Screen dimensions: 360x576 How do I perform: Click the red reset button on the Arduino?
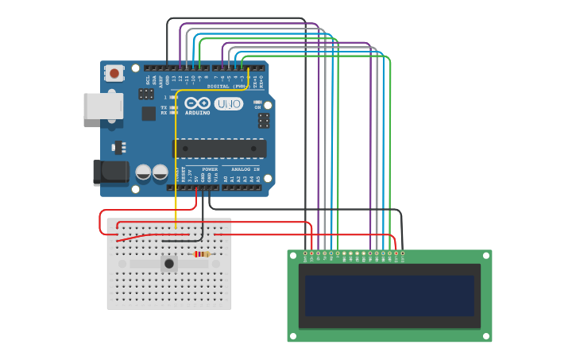click(115, 74)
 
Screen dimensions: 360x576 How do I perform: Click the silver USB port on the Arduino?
click(102, 106)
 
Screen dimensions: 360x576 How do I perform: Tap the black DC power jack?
click(110, 173)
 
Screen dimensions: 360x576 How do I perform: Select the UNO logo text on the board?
click(229, 103)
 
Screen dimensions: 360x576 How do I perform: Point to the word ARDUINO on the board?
click(198, 113)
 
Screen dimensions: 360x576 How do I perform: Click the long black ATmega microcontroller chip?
click(220, 148)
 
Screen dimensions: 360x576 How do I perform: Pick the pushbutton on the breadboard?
click(168, 263)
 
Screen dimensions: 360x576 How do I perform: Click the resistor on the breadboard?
click(203, 254)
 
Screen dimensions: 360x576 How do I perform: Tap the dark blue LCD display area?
click(389, 296)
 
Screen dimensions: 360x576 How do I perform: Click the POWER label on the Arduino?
click(210, 169)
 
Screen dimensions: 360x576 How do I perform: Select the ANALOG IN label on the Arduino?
click(245, 169)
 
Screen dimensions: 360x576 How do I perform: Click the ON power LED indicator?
click(257, 102)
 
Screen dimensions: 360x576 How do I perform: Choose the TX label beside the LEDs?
click(164, 107)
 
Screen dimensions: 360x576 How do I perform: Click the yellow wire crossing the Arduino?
click(176, 159)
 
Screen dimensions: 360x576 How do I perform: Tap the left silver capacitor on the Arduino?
click(144, 172)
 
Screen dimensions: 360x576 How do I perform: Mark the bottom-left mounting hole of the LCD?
click(293, 336)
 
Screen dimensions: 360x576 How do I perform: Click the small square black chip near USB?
click(149, 114)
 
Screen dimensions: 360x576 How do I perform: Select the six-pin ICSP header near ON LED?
click(263, 120)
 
